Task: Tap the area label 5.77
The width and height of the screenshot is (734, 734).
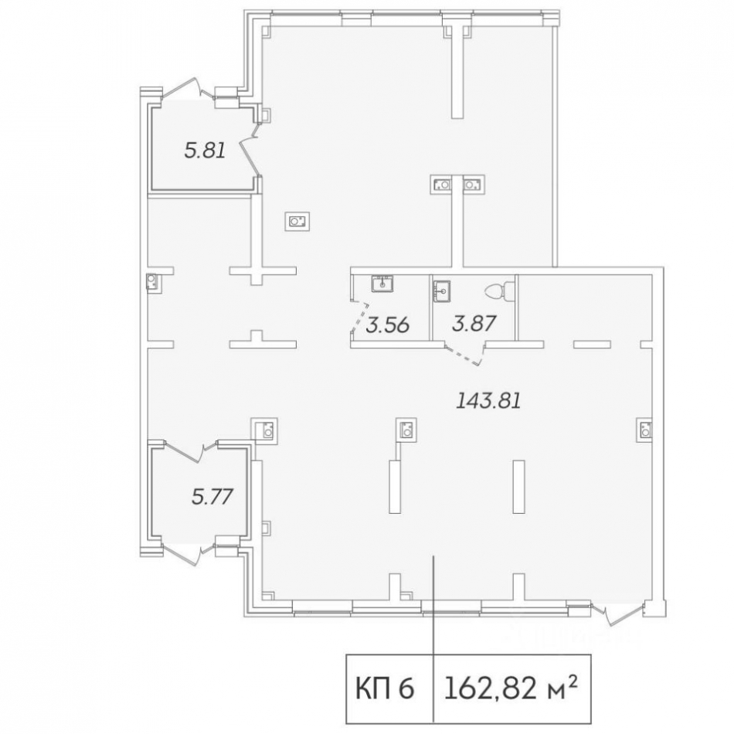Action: pyautogui.click(x=211, y=494)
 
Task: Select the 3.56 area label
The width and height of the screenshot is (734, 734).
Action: pyautogui.click(x=386, y=325)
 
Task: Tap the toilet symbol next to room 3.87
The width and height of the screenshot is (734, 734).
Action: pyautogui.click(x=498, y=293)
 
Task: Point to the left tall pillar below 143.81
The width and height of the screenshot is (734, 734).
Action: pyautogui.click(x=394, y=488)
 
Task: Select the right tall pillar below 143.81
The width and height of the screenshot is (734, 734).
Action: pyautogui.click(x=518, y=486)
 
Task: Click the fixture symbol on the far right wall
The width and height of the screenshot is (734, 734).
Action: pyautogui.click(x=644, y=429)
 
